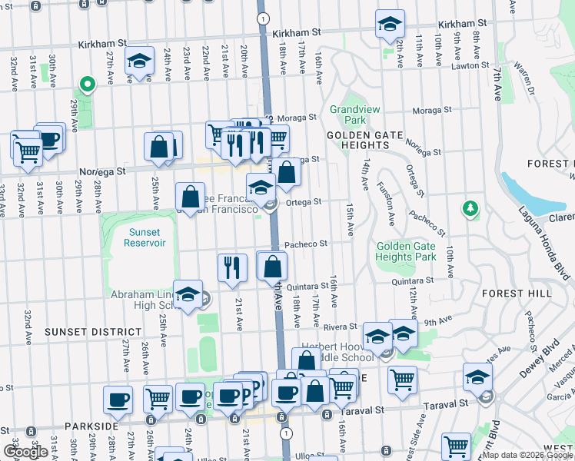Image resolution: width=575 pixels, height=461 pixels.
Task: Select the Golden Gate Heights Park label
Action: click(406, 251)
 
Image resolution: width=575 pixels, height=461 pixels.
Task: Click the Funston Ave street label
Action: click(387, 203)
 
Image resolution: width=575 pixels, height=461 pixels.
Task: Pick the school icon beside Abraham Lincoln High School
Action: click(188, 294)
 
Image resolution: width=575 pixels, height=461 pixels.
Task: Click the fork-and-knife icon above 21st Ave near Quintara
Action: click(232, 267)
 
